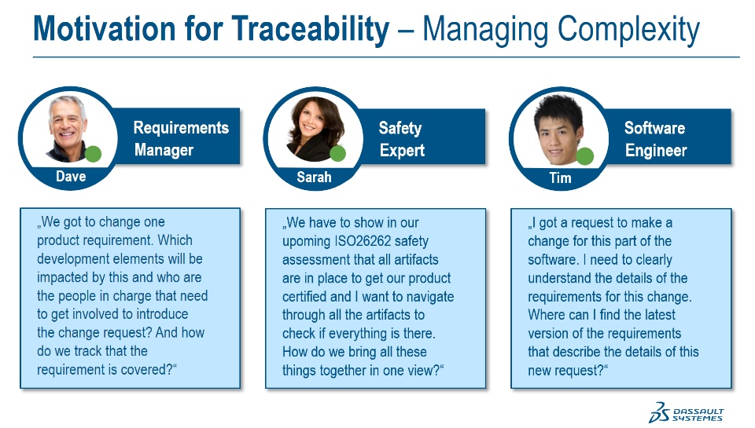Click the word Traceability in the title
point(310,29)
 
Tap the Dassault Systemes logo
point(686,412)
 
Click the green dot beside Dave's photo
point(93,154)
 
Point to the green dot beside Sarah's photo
point(337,153)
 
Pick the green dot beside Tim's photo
point(585,156)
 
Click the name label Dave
point(71,177)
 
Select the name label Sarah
point(314,177)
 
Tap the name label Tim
point(561,178)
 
